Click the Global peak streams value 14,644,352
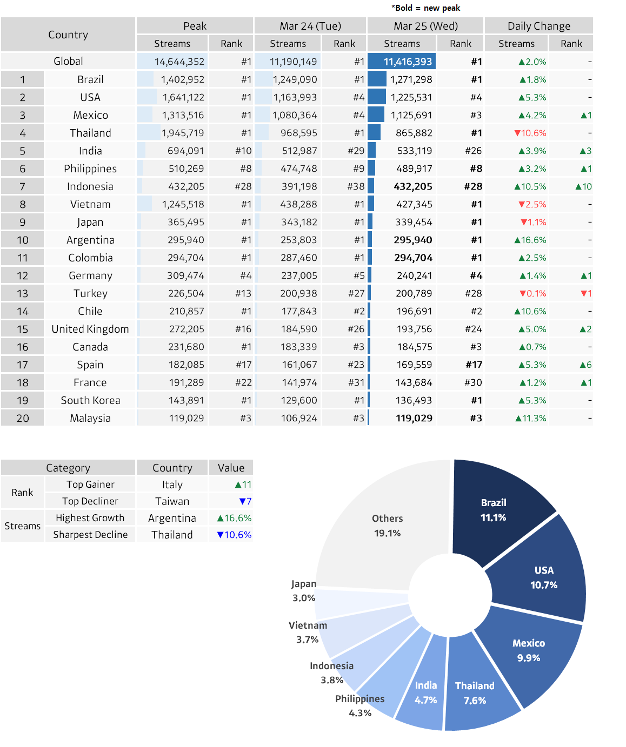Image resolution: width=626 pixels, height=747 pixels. tap(179, 62)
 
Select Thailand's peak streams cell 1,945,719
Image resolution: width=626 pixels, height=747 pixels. tap(182, 133)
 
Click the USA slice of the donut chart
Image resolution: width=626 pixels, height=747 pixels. tap(543, 578)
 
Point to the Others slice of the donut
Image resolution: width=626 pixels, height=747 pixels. tap(387, 526)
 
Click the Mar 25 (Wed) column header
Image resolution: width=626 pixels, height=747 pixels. tap(425, 26)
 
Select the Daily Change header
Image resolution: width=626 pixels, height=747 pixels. tap(538, 26)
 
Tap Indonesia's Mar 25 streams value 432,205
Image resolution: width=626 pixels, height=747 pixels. tap(413, 186)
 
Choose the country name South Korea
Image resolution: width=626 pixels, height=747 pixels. tap(90, 400)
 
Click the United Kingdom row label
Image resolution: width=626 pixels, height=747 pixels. tap(90, 329)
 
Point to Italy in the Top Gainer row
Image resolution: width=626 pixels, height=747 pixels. tap(172, 484)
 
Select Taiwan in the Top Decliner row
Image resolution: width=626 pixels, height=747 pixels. tap(172, 501)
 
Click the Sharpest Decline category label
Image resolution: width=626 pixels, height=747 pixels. tap(90, 535)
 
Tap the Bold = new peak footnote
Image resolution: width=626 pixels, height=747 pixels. tap(426, 8)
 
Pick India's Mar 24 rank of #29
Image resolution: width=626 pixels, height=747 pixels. tap(356, 151)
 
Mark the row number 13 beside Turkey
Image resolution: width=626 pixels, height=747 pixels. tap(22, 293)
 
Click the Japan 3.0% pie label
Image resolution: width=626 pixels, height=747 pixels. tap(304, 591)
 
